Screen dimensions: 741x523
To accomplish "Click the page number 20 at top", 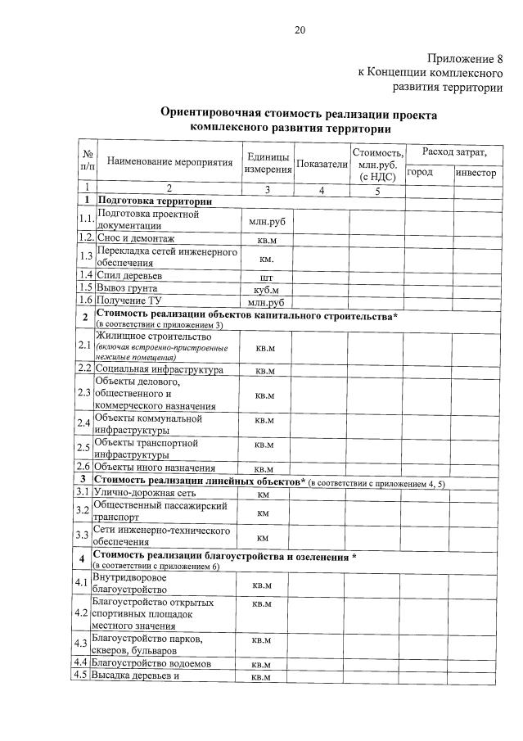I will pos(300,30).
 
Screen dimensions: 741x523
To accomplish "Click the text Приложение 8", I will pos(464,58).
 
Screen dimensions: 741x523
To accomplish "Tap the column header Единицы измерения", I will pos(268,163).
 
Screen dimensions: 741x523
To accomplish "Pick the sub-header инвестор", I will pos(476,173).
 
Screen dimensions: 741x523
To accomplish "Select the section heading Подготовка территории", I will pos(155,201).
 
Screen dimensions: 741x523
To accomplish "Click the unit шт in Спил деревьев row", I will pos(266,277).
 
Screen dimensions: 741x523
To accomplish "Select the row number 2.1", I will pos(84,346).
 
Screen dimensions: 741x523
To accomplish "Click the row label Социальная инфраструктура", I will pos(160,370).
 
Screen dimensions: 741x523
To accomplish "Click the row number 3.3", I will pos(83,535).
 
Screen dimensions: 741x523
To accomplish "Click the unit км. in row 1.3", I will pos(266,259).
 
